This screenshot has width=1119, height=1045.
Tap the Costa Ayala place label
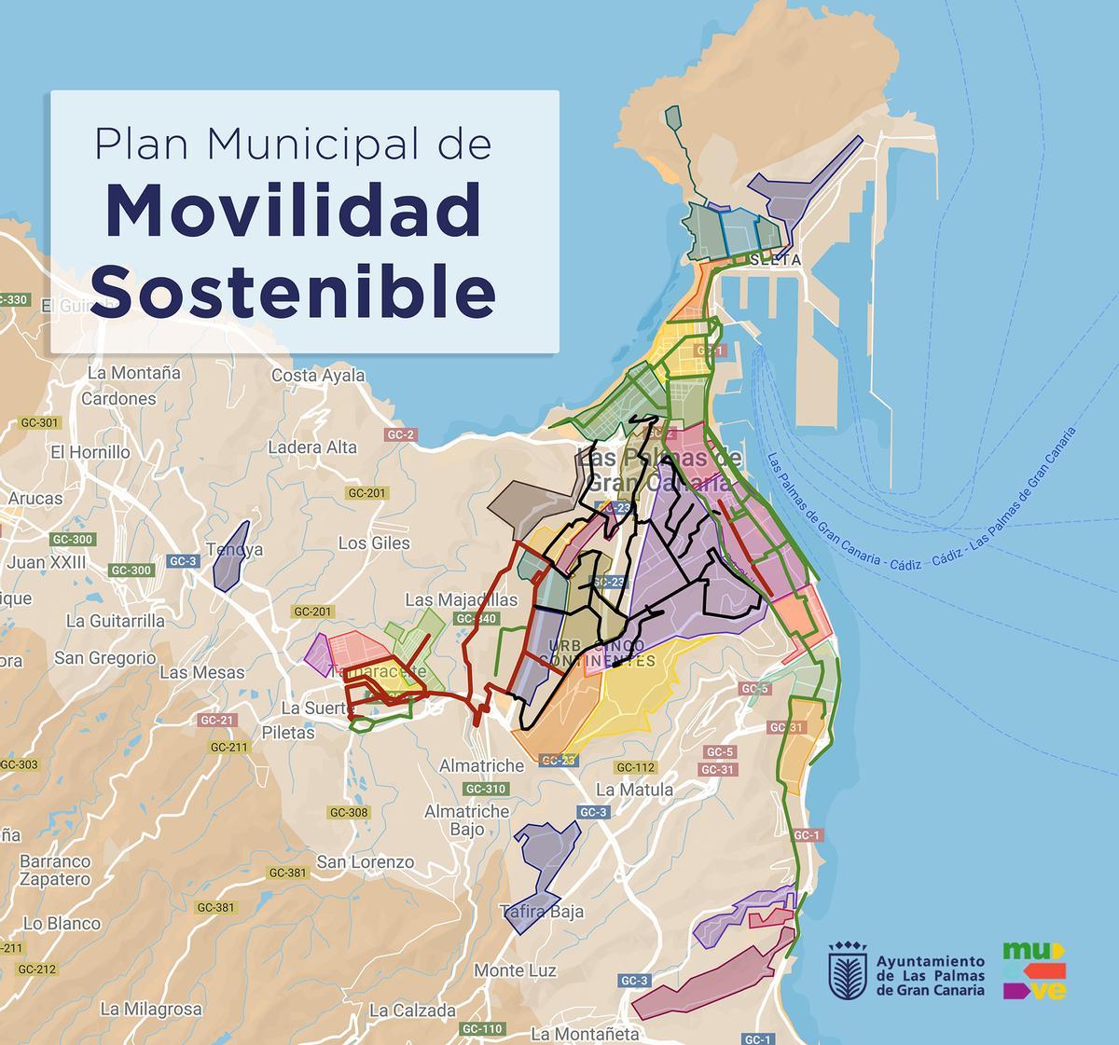(318, 376)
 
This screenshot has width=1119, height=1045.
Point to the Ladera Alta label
(312, 447)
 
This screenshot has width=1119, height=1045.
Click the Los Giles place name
(374, 543)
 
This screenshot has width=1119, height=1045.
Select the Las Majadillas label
(461, 599)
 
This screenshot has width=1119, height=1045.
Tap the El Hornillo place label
(90, 452)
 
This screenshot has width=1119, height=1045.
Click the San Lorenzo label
(365, 862)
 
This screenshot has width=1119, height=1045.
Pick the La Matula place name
(634, 790)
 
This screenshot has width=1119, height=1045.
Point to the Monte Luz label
(515, 970)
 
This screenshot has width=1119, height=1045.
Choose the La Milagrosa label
(151, 1009)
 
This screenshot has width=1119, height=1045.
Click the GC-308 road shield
(350, 812)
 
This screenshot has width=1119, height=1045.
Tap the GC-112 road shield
(636, 767)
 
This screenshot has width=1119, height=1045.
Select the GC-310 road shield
(485, 789)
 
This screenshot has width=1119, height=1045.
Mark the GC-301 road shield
(39, 422)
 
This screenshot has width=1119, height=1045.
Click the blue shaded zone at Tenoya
(230, 557)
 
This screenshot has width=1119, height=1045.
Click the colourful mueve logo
(1034, 970)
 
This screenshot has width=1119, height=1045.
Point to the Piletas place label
(288, 733)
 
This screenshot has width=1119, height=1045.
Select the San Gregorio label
(105, 658)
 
